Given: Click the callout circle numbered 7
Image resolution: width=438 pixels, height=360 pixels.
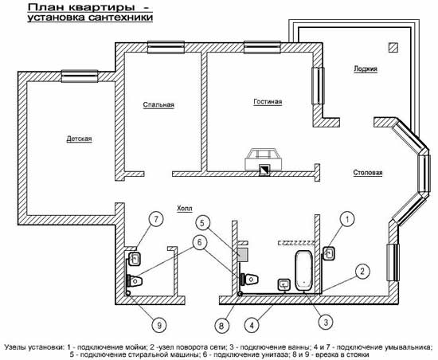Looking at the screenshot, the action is pyautogui.click(x=155, y=220).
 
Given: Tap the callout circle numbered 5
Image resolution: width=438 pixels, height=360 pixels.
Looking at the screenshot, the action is pyautogui.click(x=202, y=223).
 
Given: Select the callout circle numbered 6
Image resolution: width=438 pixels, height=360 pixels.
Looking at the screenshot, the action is pyautogui.click(x=199, y=242).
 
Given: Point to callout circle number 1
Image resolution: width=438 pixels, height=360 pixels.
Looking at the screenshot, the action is pyautogui.click(x=347, y=219).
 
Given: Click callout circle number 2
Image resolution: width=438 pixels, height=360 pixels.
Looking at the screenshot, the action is pyautogui.click(x=362, y=271).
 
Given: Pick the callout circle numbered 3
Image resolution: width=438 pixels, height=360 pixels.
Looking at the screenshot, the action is pyautogui.click(x=326, y=323).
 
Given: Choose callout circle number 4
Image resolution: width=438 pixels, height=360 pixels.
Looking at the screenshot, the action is pyautogui.click(x=252, y=326).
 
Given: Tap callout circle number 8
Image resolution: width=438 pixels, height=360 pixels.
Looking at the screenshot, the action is pyautogui.click(x=222, y=326).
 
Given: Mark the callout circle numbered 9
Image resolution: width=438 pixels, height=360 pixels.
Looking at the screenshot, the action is pyautogui.click(x=159, y=326).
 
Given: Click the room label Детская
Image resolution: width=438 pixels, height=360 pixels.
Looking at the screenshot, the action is pyautogui.click(x=79, y=139).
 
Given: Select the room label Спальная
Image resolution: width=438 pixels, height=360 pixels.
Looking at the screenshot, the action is pyautogui.click(x=158, y=104).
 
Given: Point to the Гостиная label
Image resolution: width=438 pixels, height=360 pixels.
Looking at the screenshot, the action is pyautogui.click(x=268, y=102).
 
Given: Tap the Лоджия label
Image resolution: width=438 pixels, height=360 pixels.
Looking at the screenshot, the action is pyautogui.click(x=366, y=68).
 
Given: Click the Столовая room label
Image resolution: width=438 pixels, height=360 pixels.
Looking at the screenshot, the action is pyautogui.click(x=368, y=173).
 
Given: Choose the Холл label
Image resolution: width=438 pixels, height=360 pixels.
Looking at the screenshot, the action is pyautogui.click(x=185, y=209).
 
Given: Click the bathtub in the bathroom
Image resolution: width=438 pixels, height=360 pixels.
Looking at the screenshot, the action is pyautogui.click(x=304, y=270).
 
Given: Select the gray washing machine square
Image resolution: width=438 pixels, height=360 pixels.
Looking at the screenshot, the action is pyautogui.click(x=244, y=254).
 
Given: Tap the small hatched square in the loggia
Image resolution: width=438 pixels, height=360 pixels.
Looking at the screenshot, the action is pyautogui.click(x=393, y=48).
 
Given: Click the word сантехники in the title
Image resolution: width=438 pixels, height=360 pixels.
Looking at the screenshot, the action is pyautogui.click(x=121, y=18).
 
